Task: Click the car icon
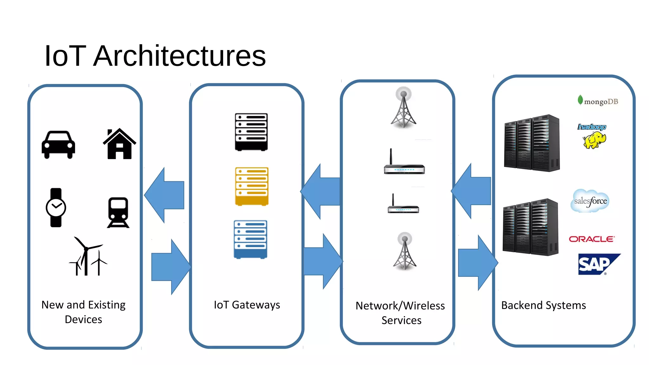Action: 58,145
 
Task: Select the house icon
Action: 119,144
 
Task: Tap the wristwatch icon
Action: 56,208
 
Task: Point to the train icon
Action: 118,212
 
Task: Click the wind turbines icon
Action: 88,257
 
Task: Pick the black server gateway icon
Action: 251,132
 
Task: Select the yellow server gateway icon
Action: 252,186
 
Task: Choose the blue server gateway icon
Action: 250,239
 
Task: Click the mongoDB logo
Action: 598,101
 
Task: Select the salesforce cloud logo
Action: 590,201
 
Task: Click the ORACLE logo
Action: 592,239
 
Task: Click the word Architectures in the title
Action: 179,56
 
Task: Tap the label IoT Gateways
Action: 247,305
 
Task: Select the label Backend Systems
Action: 543,305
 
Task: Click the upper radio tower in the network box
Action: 403,108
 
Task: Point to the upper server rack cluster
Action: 532,143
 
